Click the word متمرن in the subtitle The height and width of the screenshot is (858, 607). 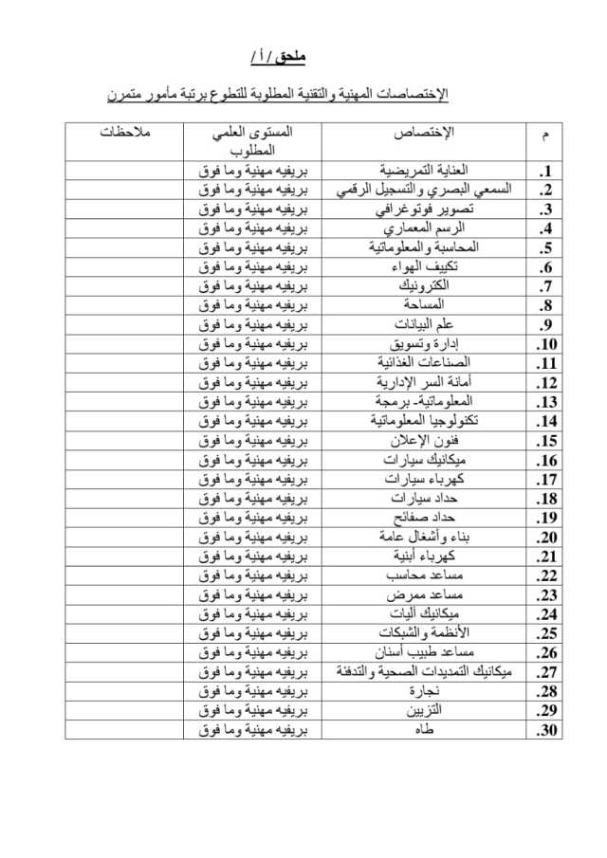[132, 95]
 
